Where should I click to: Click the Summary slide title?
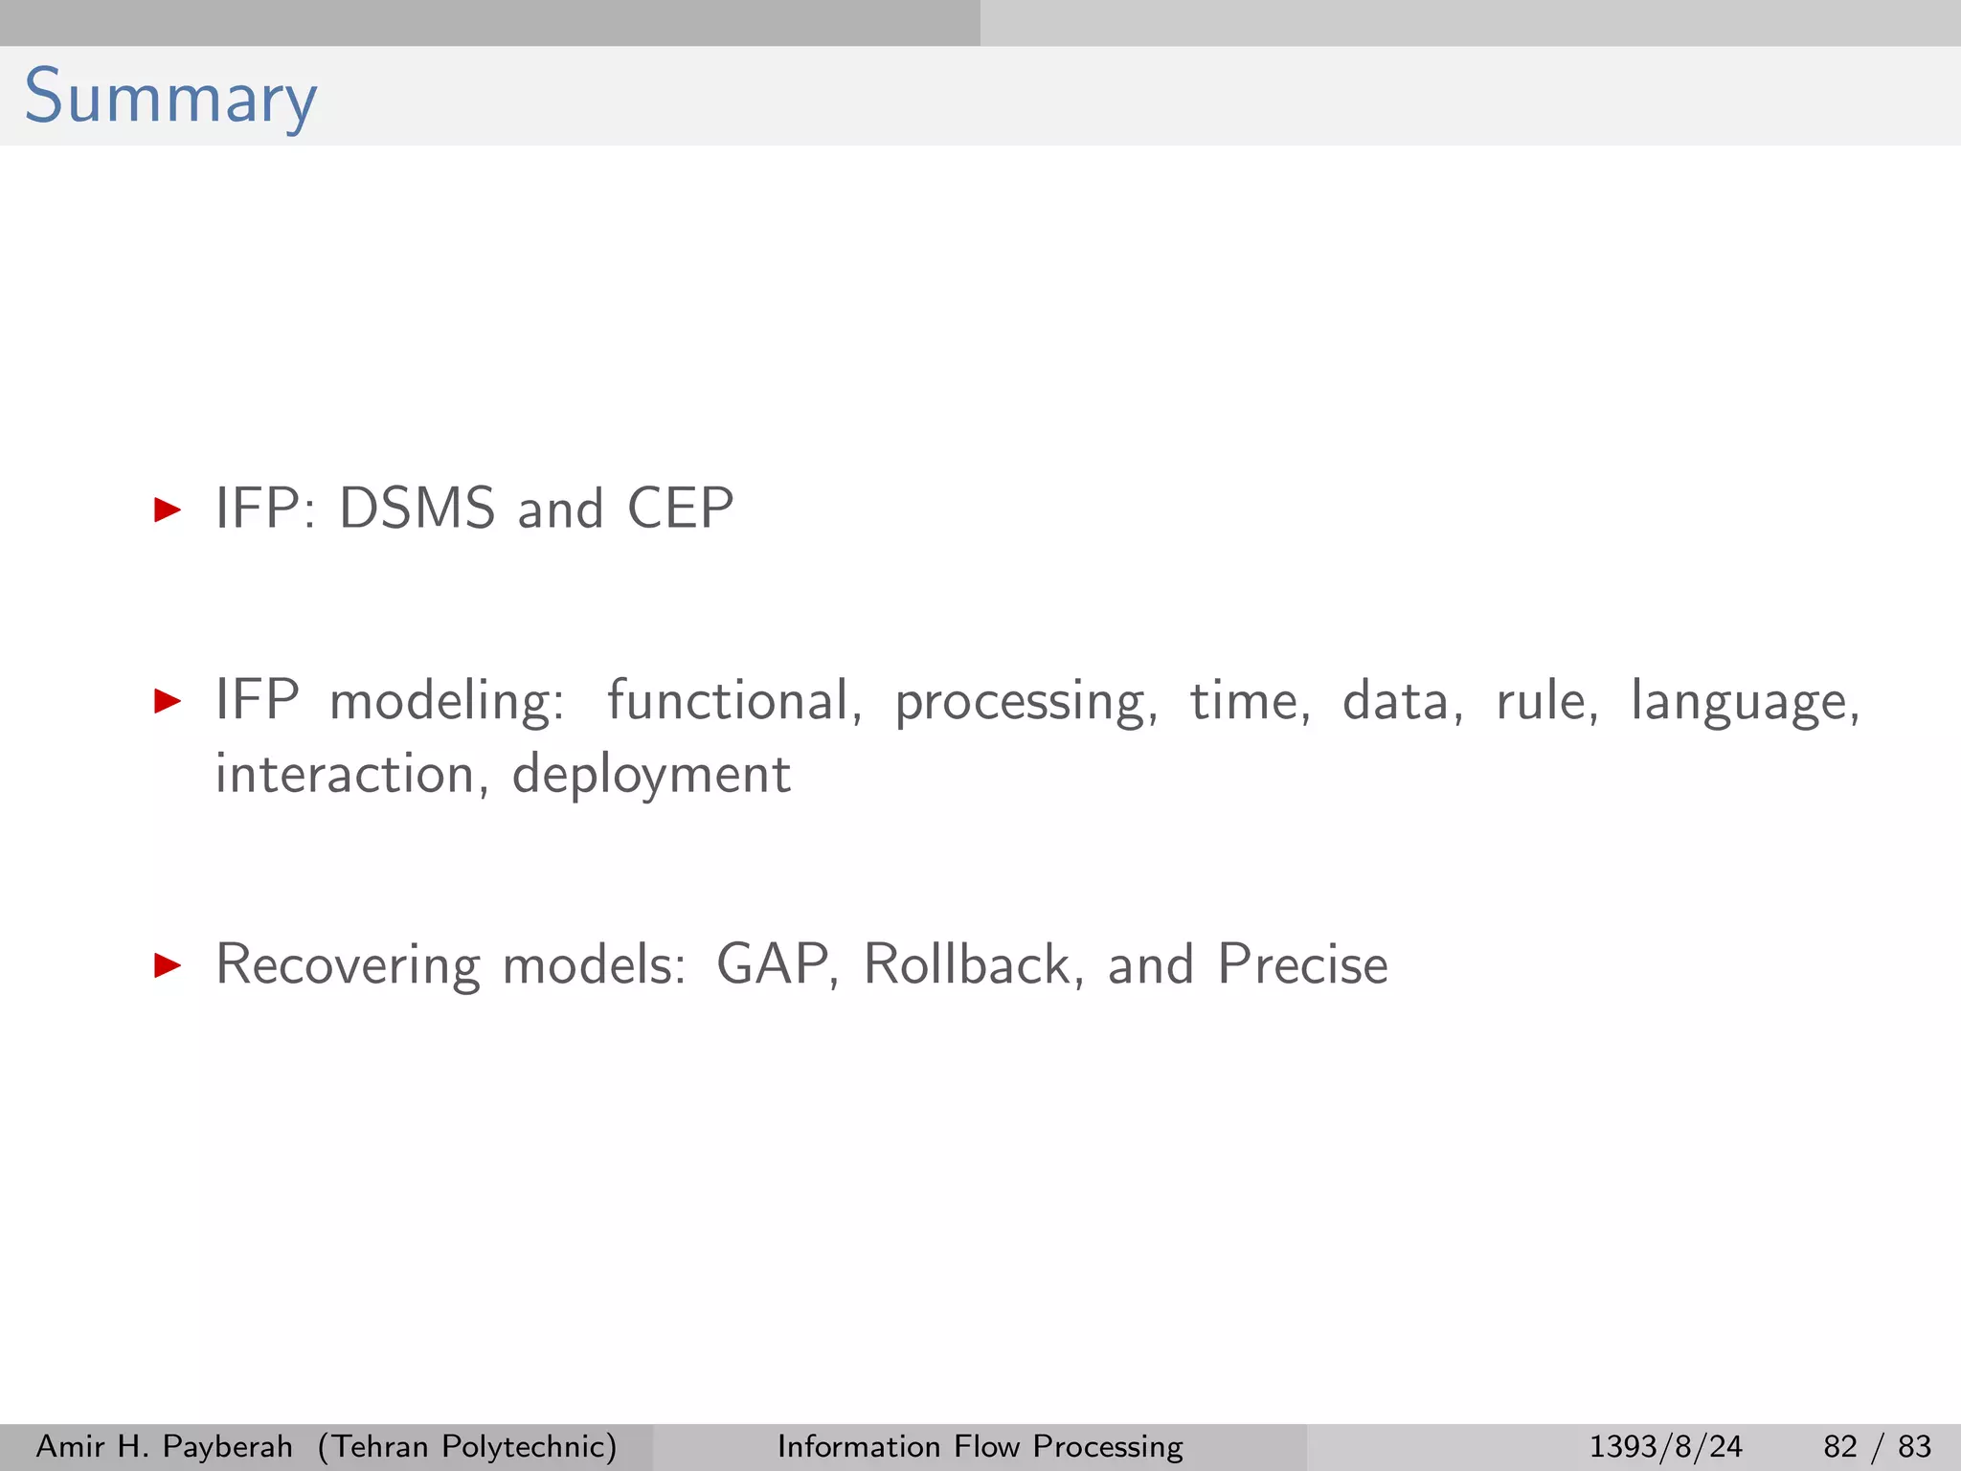[x=170, y=98]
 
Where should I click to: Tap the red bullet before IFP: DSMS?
[x=168, y=509]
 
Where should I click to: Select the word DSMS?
[x=417, y=509]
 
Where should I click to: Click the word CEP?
[x=680, y=509]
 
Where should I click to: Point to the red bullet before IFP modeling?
[x=168, y=701]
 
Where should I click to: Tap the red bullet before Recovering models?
[x=168, y=965]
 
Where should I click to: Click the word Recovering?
[x=348, y=965]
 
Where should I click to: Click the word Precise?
[x=1302, y=964]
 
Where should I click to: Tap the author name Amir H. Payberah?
[x=164, y=1446]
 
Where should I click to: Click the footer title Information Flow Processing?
[x=980, y=1446]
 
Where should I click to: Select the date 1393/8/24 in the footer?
[x=1665, y=1446]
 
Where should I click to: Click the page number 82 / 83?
[x=1877, y=1446]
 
